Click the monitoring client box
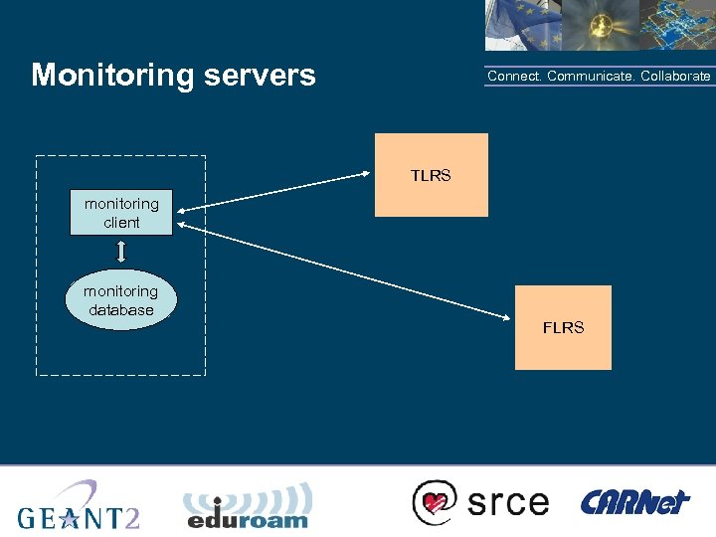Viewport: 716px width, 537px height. coord(121,213)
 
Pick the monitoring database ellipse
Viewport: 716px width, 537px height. coord(120,300)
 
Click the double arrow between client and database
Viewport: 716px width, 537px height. coord(121,252)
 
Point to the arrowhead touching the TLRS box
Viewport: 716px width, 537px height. coord(367,176)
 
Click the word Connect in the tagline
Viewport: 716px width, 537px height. coord(513,77)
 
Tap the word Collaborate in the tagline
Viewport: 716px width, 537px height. coord(675,77)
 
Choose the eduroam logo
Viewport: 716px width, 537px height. coord(248,507)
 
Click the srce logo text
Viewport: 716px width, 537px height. coord(508,501)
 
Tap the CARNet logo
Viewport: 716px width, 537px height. coord(634,502)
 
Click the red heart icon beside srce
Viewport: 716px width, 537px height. coord(434,502)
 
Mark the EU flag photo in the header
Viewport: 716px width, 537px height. coord(522,25)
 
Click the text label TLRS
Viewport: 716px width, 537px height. coord(431,176)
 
